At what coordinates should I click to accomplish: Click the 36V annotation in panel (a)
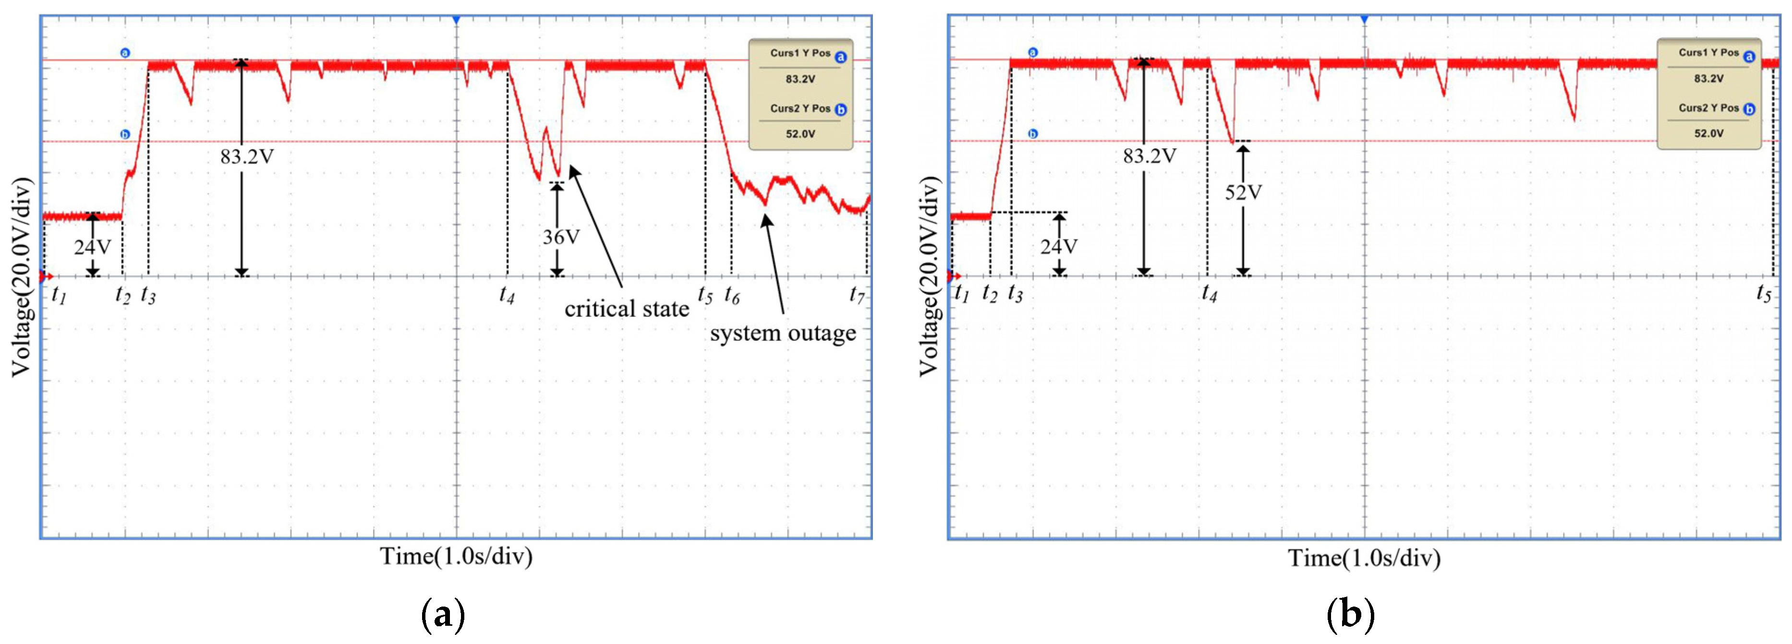coord(561,237)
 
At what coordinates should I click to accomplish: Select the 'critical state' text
coord(626,309)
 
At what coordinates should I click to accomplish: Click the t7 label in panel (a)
coord(857,295)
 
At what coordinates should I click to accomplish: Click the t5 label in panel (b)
coord(1764,294)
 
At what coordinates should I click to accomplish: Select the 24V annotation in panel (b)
coord(1059,247)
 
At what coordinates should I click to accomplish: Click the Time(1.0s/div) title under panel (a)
coord(456,556)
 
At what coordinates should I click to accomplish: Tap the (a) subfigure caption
coord(443,615)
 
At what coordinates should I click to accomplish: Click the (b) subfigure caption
coord(1350,615)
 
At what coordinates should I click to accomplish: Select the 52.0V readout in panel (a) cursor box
coord(800,133)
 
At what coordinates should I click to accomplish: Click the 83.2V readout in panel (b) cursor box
coord(1708,79)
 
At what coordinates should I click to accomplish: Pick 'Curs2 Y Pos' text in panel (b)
coord(1708,108)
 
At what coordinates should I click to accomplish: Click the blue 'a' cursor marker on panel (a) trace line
coord(125,53)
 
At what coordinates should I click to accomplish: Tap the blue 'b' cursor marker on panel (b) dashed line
coord(1033,133)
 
